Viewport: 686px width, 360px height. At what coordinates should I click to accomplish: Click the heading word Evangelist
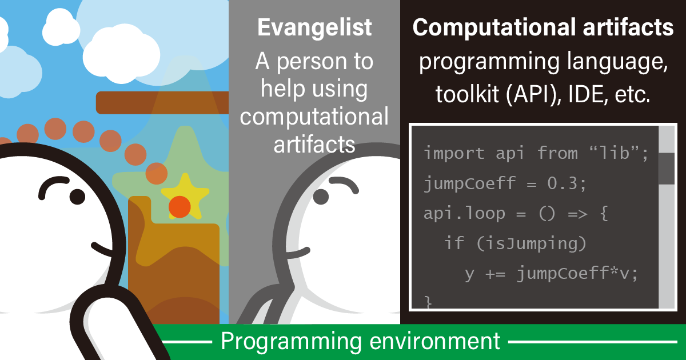tap(314, 28)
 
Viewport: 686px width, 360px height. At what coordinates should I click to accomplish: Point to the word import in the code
tap(454, 153)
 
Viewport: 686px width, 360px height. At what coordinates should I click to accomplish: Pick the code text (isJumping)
tap(531, 244)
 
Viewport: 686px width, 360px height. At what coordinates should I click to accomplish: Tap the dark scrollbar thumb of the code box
tap(667, 169)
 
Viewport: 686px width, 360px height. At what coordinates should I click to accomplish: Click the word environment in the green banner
tap(435, 341)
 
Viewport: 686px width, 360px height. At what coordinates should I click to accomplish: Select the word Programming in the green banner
tap(291, 342)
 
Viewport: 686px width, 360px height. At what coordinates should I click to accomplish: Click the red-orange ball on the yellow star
tap(180, 207)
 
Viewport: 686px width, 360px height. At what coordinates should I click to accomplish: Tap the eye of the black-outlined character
tap(78, 197)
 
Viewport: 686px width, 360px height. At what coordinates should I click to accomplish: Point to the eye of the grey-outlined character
tap(321, 197)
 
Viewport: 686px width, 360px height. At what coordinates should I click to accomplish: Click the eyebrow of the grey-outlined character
tap(344, 182)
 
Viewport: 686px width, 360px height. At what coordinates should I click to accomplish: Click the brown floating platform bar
tap(162, 102)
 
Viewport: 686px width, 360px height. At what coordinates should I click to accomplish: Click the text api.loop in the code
tap(464, 214)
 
